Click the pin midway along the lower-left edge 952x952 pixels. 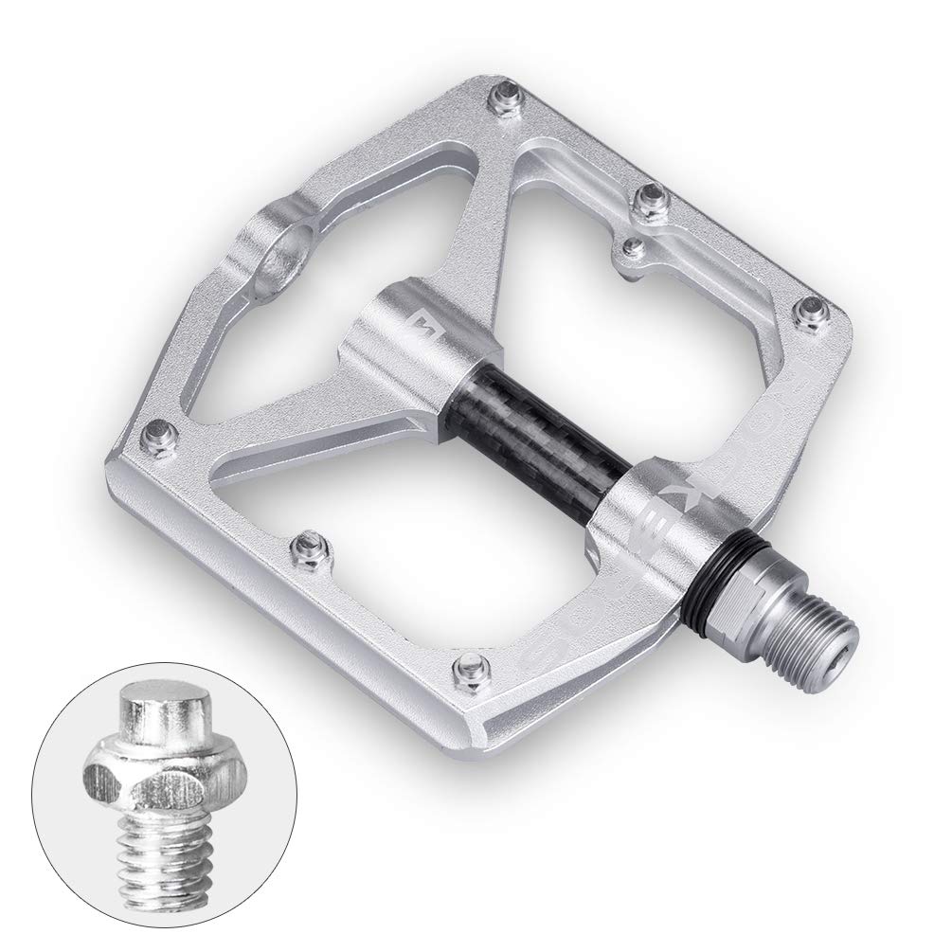tap(310, 545)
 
